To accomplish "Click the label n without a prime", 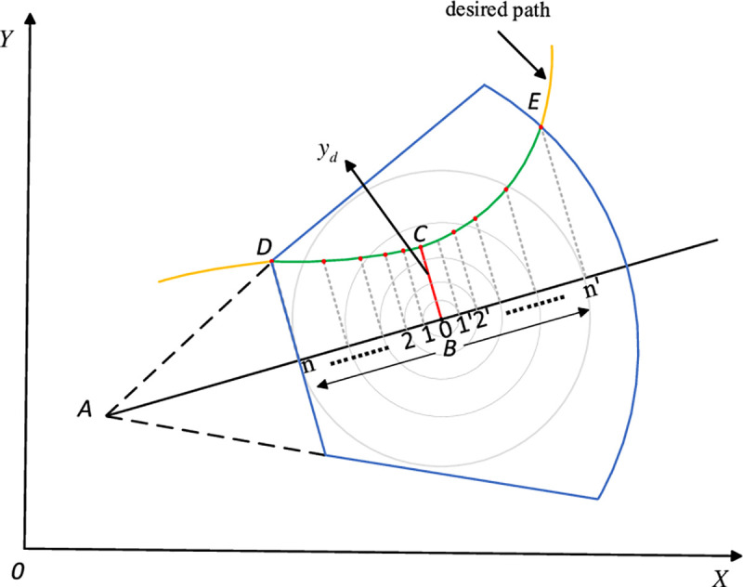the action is [309, 365].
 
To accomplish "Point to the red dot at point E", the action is [541, 127].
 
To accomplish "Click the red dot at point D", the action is [271, 262].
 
